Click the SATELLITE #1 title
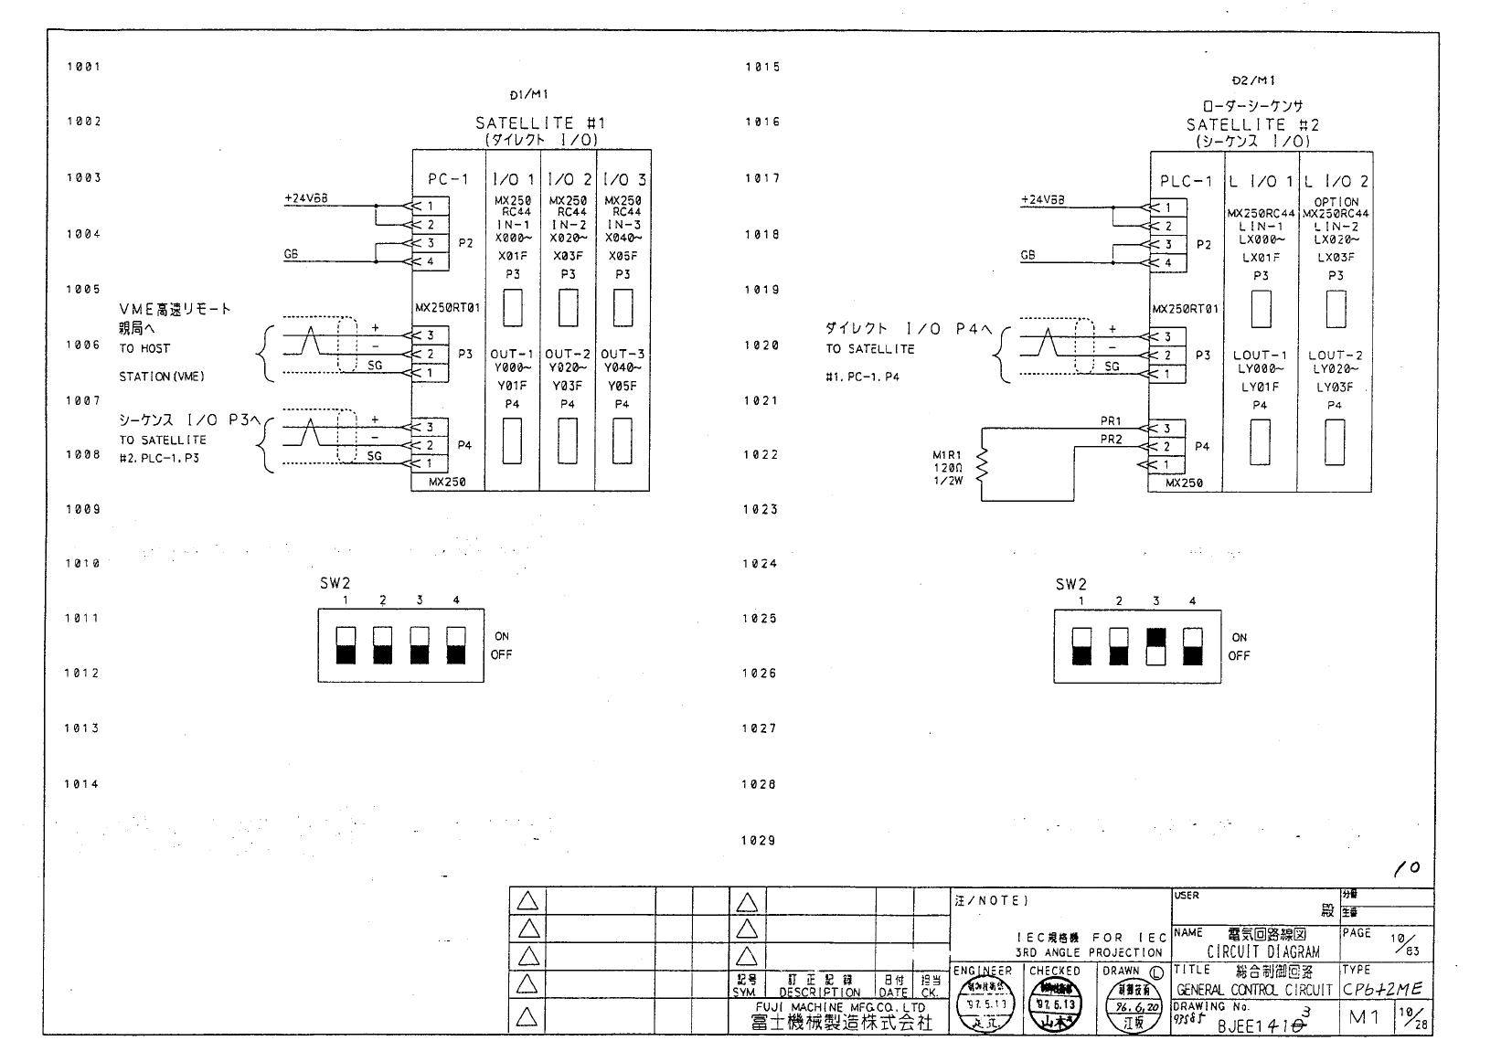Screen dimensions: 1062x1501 539,123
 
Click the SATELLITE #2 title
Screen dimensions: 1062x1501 1252,125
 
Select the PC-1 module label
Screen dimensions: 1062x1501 448,180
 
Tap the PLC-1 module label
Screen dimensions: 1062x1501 1186,181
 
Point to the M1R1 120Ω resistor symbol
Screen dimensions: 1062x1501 984,467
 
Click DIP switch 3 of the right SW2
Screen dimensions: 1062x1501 1155,646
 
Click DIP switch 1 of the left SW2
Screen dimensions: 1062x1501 346,645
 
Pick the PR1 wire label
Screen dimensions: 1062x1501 1111,421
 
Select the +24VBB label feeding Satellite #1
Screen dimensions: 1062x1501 305,197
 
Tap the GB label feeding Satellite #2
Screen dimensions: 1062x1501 1027,256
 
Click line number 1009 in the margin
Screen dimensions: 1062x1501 83,509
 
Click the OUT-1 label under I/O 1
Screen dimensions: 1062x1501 512,354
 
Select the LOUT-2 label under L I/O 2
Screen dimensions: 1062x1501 1335,355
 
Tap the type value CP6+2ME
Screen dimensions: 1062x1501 1383,990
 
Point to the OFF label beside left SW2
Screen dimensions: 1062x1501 501,654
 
